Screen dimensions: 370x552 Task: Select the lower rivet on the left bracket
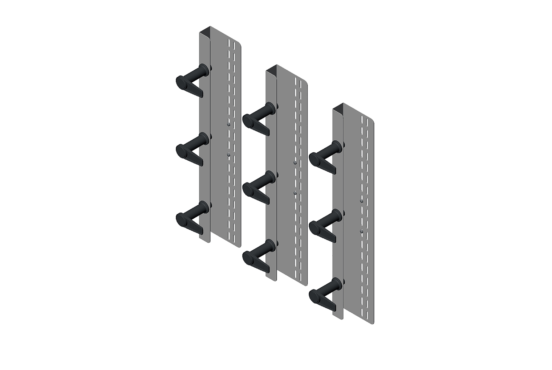[x=228, y=155]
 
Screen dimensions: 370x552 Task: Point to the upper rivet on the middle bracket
[x=295, y=163]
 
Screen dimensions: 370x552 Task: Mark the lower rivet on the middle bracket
[x=295, y=193]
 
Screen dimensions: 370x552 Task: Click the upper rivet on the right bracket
[x=361, y=200]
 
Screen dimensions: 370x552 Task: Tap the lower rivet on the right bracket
[x=361, y=231]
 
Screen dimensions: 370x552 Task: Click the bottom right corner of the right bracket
[x=373, y=322]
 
